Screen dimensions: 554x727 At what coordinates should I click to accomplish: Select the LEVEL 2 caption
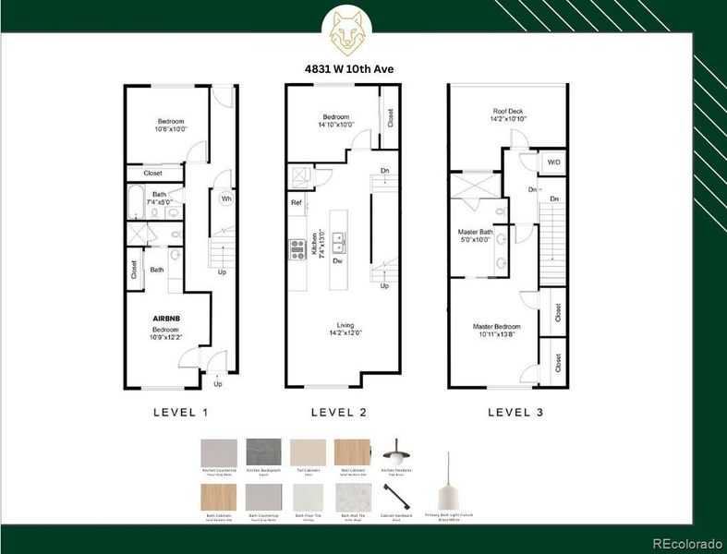(x=339, y=413)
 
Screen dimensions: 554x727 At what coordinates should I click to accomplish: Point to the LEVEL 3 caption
(x=515, y=413)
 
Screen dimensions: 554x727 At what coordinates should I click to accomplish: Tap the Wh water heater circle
(x=225, y=199)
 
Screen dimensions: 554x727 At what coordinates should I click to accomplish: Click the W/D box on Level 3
(x=552, y=163)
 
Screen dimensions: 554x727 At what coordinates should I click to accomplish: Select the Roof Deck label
(x=509, y=114)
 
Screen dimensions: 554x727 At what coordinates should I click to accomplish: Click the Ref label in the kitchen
(x=296, y=202)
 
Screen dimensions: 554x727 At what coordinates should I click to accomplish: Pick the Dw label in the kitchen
(x=339, y=261)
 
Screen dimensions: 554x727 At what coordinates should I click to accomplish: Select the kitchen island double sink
(x=339, y=244)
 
